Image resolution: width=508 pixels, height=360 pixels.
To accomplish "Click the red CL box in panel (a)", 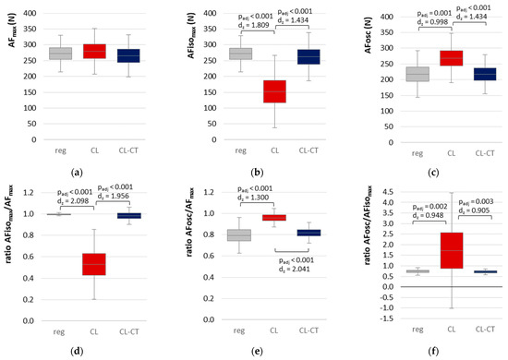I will [94, 51].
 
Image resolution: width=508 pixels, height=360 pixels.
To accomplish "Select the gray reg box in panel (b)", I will [240, 54].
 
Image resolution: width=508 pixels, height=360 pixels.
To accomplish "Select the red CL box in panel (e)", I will [272, 217].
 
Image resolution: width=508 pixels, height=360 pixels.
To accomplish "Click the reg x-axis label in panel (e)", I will [240, 329].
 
